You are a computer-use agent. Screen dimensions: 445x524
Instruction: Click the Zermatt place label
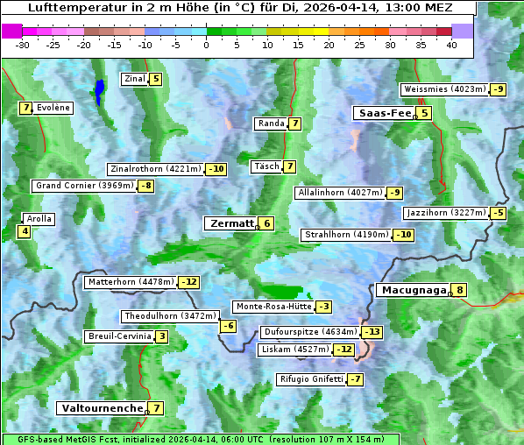231,223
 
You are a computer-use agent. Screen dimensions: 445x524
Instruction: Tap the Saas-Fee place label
384,113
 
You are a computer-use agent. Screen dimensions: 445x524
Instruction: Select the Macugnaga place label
411,290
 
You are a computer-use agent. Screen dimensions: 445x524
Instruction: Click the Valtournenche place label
101,408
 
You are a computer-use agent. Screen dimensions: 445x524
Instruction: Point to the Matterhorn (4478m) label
131,282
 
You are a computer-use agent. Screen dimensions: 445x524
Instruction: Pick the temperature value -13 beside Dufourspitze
373,332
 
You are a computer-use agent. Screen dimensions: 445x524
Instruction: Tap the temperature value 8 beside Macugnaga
459,291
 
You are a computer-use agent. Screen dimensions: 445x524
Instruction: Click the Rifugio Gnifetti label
311,379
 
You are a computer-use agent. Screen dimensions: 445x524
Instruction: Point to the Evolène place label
53,108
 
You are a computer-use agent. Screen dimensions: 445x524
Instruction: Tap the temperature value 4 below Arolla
24,231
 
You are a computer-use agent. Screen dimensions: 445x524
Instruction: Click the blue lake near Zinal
100,90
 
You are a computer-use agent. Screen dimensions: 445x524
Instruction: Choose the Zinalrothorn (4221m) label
156,169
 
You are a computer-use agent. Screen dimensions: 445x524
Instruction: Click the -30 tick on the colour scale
23,44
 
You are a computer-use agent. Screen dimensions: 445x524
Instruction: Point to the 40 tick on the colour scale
451,44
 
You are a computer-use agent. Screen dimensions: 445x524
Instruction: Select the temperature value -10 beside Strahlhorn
404,235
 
